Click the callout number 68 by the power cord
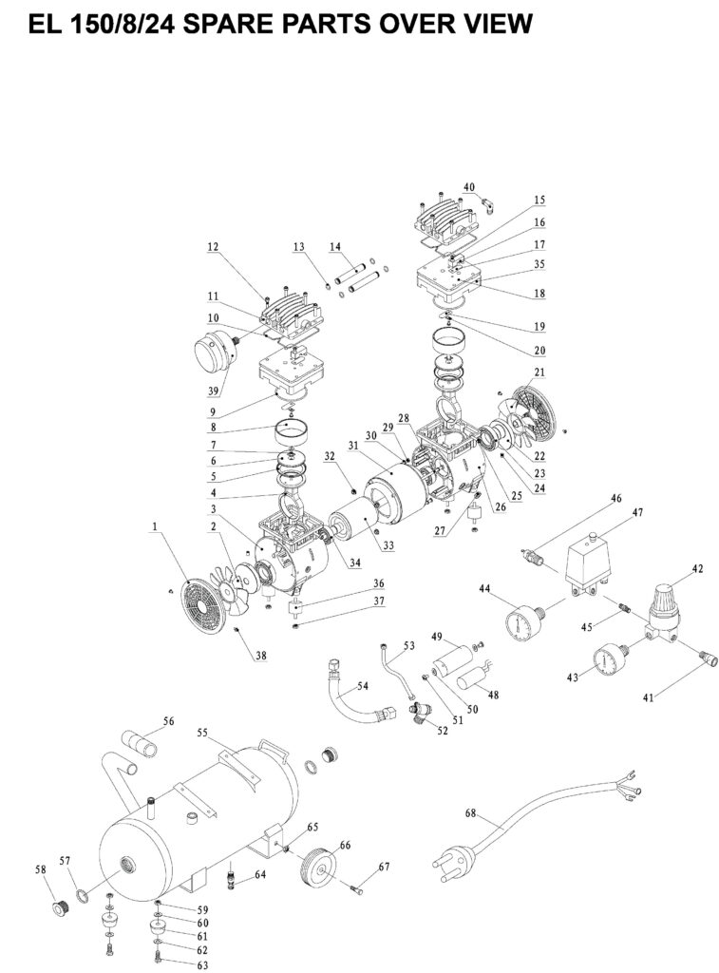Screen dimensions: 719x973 pos(471,813)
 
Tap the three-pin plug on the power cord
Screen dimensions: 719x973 pos(453,860)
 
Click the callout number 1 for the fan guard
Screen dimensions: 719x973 pos(155,526)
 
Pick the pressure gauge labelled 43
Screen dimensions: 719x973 pos(608,661)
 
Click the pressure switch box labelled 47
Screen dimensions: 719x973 pos(589,564)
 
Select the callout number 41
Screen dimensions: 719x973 pos(649,698)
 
